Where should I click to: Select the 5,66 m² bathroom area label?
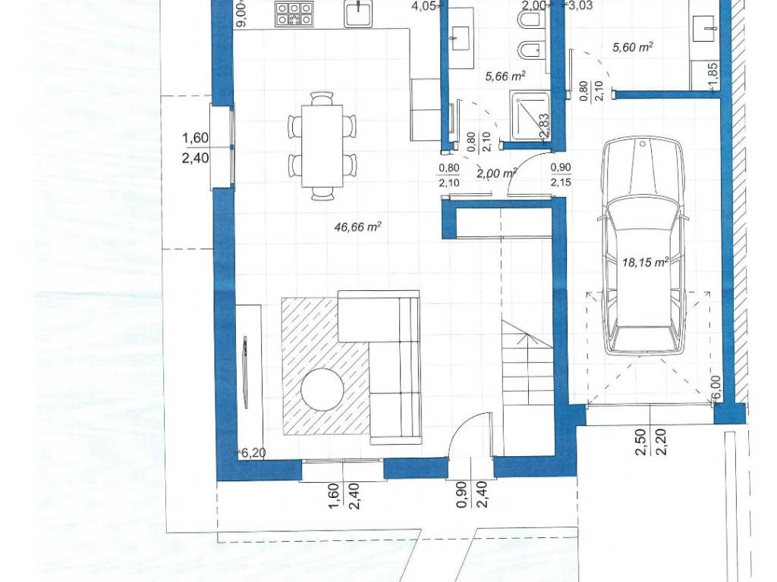(x=505, y=76)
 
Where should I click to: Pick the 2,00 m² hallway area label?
(x=496, y=173)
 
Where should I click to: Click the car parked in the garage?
(x=643, y=246)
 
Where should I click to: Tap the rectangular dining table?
(x=322, y=145)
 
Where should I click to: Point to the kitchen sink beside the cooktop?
(x=357, y=13)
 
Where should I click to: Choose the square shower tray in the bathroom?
(x=530, y=116)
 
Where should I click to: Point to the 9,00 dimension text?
(x=241, y=14)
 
